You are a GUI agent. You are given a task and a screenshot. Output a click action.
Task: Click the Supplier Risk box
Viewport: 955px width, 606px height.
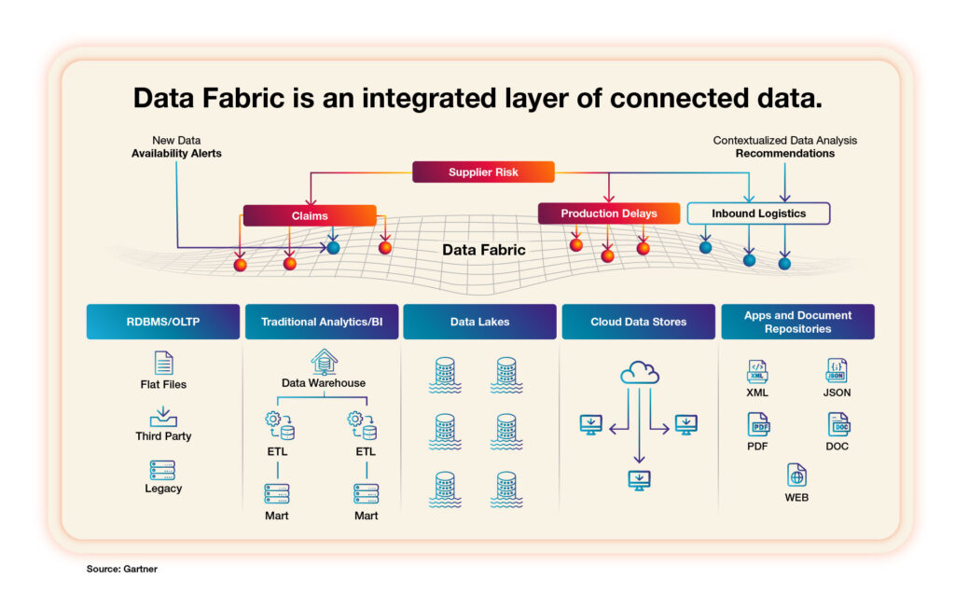pos(483,172)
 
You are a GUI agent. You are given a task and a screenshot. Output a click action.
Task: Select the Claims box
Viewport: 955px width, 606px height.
pos(310,215)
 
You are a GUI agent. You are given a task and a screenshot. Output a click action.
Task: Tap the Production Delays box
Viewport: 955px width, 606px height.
pos(608,213)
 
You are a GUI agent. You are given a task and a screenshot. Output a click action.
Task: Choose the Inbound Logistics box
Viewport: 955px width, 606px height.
pos(758,213)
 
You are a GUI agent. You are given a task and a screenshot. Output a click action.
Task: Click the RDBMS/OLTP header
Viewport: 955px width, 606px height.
pos(163,322)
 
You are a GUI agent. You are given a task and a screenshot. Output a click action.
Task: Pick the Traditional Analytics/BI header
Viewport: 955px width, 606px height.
pos(322,322)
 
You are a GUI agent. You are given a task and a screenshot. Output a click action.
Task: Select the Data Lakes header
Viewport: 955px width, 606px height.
pos(479,322)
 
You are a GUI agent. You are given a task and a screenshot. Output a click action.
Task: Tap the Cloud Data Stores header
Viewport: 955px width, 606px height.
pos(638,322)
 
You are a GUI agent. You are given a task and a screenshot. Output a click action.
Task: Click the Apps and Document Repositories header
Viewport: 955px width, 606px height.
pos(797,322)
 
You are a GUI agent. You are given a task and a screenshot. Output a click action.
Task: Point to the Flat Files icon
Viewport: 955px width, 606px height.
pos(163,363)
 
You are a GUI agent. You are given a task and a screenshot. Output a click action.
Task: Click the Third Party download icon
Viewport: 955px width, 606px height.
pos(163,416)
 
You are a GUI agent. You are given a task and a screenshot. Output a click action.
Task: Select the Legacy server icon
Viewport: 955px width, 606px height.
pos(163,469)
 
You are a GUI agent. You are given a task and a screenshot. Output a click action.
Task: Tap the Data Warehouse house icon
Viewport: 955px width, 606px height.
pos(324,361)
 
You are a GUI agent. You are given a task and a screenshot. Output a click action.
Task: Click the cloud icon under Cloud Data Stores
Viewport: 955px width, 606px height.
pos(639,373)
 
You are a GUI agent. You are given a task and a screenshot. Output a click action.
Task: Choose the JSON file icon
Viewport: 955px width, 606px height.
pos(837,370)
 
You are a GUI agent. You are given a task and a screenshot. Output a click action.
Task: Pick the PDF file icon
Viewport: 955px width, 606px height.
pos(758,424)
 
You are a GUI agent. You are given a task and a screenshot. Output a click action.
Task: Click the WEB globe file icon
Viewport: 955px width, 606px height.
pos(796,475)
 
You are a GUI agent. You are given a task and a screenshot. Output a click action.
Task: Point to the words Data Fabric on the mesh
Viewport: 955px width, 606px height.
pos(483,250)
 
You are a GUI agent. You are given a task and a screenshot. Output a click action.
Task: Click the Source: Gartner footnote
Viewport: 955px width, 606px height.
pos(122,568)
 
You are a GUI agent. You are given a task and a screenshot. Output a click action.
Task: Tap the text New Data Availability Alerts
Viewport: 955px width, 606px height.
pos(176,146)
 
